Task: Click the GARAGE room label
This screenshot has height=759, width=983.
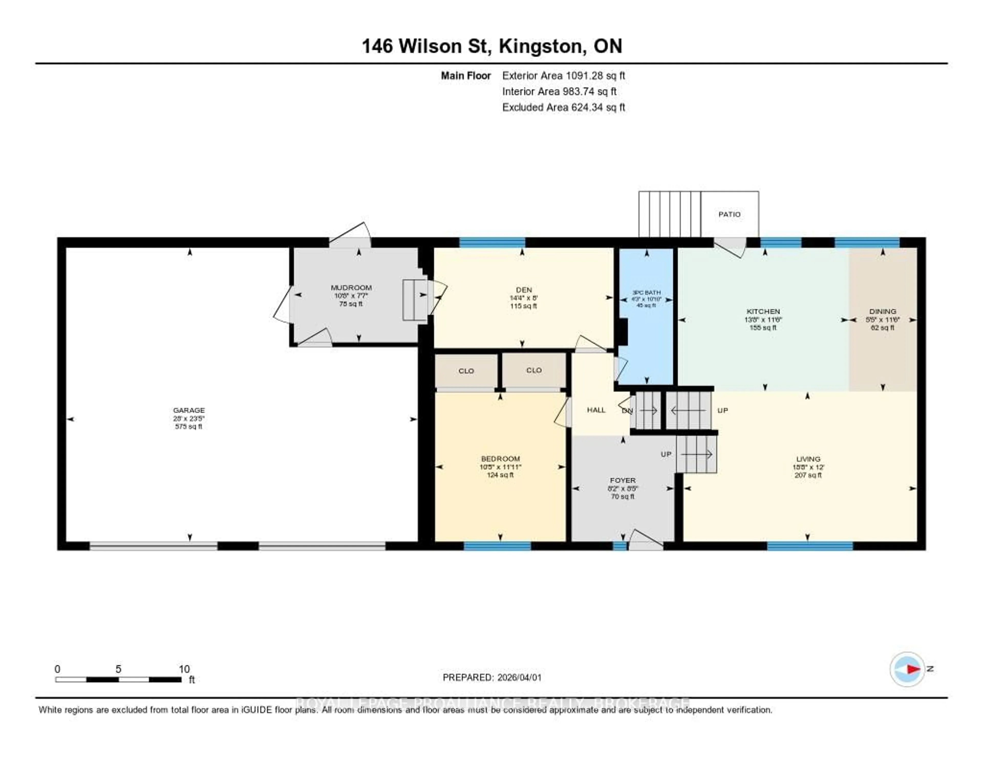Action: tap(189, 410)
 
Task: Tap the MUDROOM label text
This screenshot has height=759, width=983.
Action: tap(351, 287)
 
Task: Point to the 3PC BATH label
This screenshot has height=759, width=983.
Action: tap(646, 292)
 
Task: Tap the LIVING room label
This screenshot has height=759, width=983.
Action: tap(808, 459)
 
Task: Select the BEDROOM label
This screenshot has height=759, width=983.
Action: tap(500, 459)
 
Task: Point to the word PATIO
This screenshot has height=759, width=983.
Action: tap(729, 214)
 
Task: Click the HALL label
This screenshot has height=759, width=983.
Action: tap(596, 410)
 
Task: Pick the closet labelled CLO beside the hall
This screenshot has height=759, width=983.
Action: tap(534, 370)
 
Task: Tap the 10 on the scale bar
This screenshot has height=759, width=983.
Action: tap(184, 669)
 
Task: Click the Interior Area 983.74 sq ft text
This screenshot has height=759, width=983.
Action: tap(559, 91)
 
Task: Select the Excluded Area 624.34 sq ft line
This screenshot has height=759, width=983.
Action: tap(563, 107)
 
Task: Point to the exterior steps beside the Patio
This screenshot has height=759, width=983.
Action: tap(669, 214)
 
